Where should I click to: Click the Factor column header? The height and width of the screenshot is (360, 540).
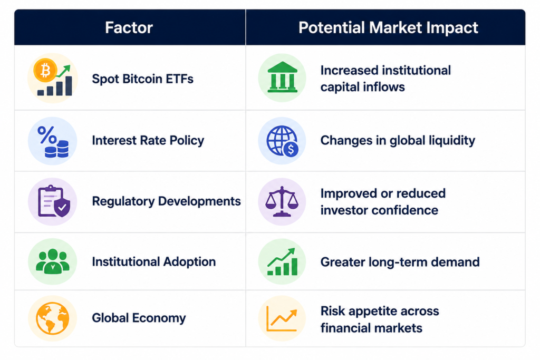129,27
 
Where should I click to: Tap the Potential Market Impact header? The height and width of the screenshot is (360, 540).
388,27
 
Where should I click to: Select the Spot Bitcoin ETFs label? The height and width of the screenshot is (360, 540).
142,79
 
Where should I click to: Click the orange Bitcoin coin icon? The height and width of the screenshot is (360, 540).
45,70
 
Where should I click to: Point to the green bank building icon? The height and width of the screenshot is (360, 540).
283,77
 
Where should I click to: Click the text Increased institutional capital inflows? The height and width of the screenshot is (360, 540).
385,79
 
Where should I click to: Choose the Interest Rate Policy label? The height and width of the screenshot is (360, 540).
148,140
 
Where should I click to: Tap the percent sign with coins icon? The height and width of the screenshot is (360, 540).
53,141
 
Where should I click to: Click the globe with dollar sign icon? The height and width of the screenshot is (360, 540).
283,141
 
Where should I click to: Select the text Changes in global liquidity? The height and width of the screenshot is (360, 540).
398,140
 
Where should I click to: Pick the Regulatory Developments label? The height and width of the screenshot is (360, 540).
166,201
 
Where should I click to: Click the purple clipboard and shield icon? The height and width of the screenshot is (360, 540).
54,201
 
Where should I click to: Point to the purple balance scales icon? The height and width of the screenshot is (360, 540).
282,201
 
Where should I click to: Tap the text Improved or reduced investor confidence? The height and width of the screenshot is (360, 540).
383,202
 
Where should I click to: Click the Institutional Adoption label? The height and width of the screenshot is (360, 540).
154,262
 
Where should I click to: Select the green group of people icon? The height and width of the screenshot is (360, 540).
53,261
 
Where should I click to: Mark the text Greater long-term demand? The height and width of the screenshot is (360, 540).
400,262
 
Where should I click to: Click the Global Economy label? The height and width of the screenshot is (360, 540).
139,318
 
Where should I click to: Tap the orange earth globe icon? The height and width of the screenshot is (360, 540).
52,318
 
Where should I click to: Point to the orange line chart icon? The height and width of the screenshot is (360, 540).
282,319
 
